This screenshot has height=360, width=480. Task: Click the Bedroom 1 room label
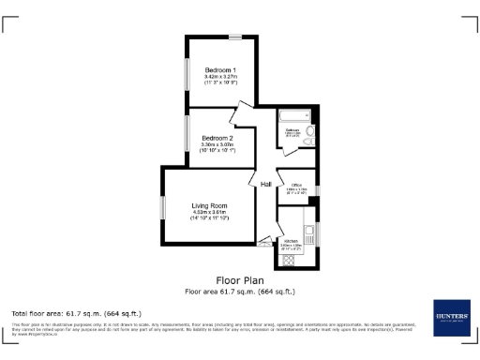[221, 69]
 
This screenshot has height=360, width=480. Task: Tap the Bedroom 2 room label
[217, 138]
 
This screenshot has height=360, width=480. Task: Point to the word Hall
[266, 184]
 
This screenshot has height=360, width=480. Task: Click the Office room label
[295, 185]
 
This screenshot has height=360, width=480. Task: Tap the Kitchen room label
[291, 241]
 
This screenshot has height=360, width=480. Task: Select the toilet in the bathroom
[310, 132]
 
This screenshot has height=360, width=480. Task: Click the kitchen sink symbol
[307, 230]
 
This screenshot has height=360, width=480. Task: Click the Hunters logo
[450, 317]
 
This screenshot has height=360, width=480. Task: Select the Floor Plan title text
[240, 279]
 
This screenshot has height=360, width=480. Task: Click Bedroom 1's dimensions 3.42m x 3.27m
[221, 77]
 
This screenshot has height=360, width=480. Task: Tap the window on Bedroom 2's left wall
[185, 133]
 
